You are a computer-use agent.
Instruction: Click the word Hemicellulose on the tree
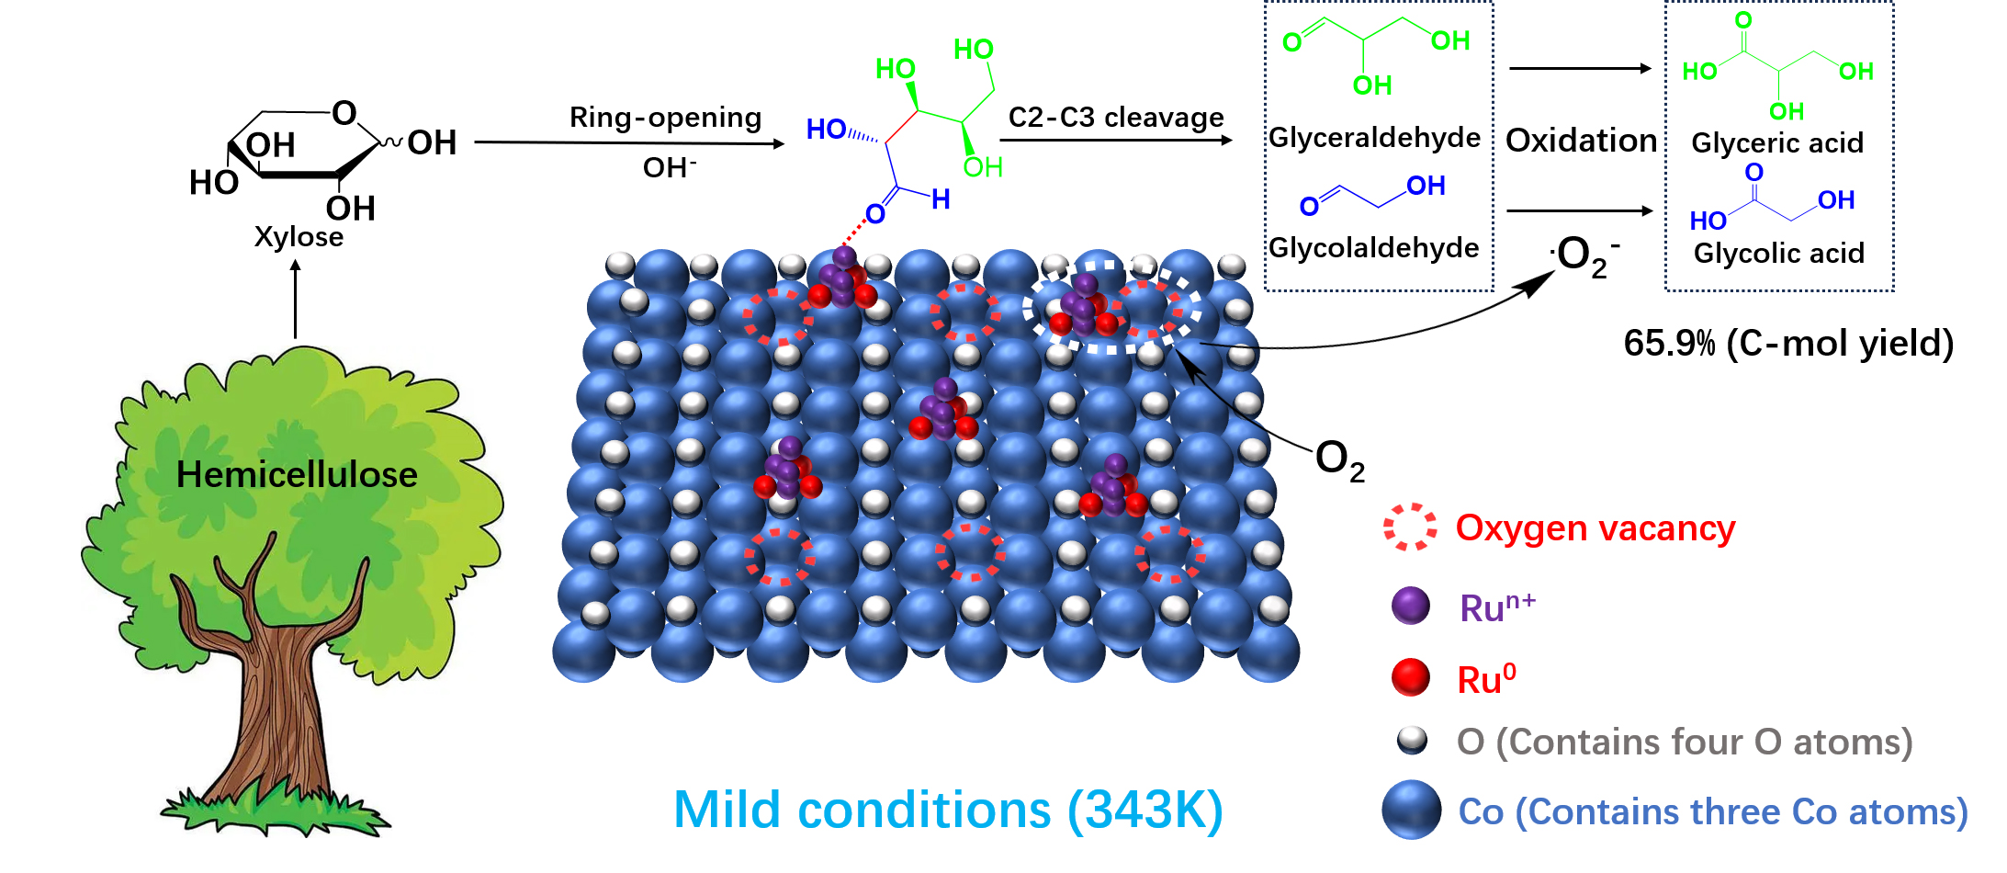[x=297, y=475]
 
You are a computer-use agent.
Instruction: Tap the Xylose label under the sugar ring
[x=299, y=237]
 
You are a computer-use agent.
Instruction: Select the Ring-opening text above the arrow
[x=665, y=118]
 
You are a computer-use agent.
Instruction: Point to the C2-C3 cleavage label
[x=1116, y=118]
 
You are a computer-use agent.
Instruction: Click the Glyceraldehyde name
[x=1374, y=138]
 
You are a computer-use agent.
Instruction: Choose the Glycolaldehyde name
[x=1373, y=248]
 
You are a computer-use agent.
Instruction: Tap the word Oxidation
[x=1581, y=141]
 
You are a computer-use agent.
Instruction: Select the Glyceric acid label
[x=1777, y=143]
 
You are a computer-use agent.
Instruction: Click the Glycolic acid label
[x=1778, y=254]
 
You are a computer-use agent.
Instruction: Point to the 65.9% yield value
[x=1669, y=344]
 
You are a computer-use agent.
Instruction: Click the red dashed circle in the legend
[x=1410, y=527]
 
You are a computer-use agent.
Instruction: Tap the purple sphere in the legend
[x=1411, y=606]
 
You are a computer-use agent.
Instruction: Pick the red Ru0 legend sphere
[x=1411, y=677]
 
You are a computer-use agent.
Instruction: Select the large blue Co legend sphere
[x=1411, y=810]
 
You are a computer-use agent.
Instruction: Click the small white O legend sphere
[x=1412, y=740]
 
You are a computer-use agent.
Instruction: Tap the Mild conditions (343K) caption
[x=948, y=811]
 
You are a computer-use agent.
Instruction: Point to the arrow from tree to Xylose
[x=296, y=299]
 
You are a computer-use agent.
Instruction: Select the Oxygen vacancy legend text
[x=1595, y=528]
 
